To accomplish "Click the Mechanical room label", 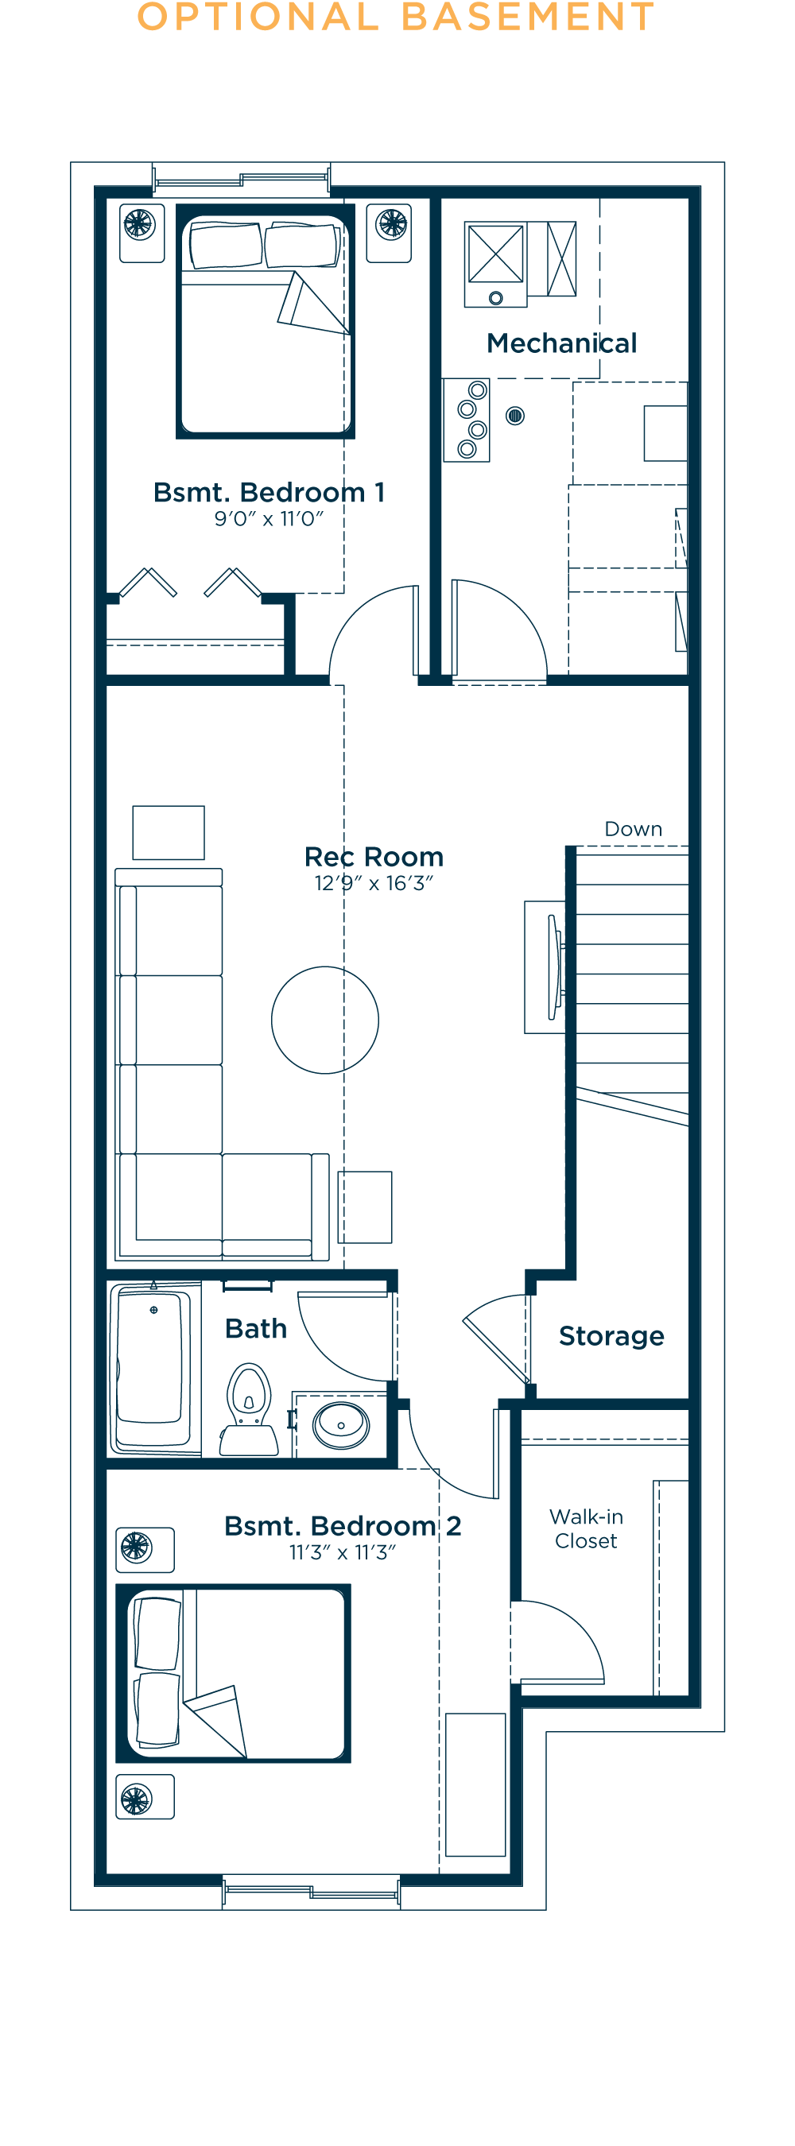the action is pyautogui.click(x=561, y=343).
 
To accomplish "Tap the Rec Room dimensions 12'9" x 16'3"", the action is pyautogui.click(x=374, y=883).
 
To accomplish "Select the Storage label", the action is pyautogui.click(x=611, y=1336).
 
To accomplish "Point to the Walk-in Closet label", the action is pyautogui.click(x=587, y=1528).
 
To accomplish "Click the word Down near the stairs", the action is pyautogui.click(x=634, y=829).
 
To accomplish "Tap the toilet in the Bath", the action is pyautogui.click(x=249, y=1409).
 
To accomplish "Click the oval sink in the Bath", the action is pyautogui.click(x=341, y=1425).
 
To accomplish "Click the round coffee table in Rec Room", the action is pyautogui.click(x=325, y=1020).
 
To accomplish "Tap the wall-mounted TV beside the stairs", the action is pyautogui.click(x=554, y=967).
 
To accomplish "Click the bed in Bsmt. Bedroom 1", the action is pyautogui.click(x=265, y=321).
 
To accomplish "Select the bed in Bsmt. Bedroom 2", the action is pyautogui.click(x=234, y=1674).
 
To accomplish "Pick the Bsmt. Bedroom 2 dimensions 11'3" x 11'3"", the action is pyautogui.click(x=343, y=1552).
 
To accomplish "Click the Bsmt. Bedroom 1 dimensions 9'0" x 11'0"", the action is pyautogui.click(x=269, y=519).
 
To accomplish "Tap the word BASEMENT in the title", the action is pyautogui.click(x=528, y=17).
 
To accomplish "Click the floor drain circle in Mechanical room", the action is pyautogui.click(x=515, y=415).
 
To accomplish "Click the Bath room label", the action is pyautogui.click(x=256, y=1329).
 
